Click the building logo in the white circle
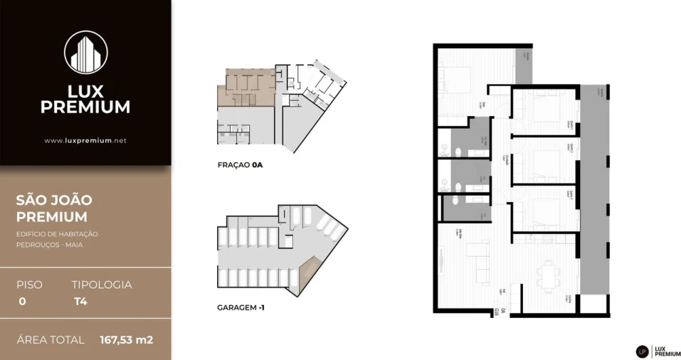click(x=85, y=52)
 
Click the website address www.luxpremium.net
click(x=85, y=141)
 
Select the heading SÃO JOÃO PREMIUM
click(x=54, y=208)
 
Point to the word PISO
click(x=29, y=285)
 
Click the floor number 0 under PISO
click(x=22, y=301)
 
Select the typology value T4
click(x=80, y=301)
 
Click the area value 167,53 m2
click(x=126, y=340)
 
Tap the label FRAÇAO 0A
click(x=241, y=165)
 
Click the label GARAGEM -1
click(x=241, y=309)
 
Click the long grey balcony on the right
click(x=595, y=189)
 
